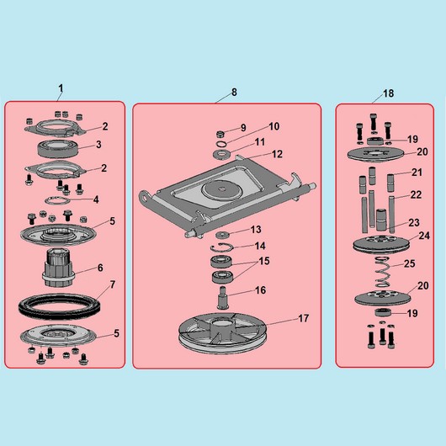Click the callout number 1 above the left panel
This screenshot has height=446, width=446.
[61, 88]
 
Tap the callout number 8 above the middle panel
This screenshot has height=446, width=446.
[234, 92]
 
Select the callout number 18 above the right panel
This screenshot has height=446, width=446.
[388, 93]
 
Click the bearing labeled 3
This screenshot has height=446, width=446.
[59, 149]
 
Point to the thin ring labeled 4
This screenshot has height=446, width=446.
[57, 200]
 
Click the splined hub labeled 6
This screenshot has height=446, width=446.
[59, 268]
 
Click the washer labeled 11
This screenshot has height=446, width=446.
[222, 154]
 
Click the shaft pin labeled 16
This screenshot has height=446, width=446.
[223, 298]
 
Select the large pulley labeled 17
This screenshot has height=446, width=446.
[222, 333]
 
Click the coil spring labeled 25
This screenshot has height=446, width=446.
[382, 272]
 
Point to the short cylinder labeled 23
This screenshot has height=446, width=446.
[382, 220]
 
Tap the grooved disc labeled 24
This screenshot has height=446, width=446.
[381, 244]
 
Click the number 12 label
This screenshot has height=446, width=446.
[278, 154]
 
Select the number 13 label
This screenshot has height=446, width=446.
[256, 229]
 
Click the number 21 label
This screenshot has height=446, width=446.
[417, 172]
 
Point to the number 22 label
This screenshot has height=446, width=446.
[416, 194]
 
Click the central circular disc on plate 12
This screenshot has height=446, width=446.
[222, 188]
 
